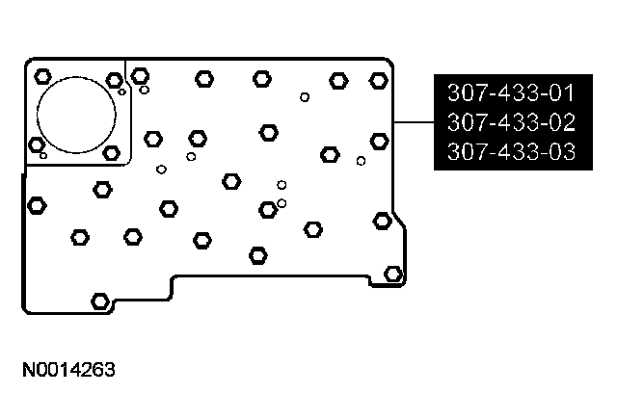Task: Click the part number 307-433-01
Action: click(509, 94)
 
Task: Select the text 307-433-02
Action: click(509, 123)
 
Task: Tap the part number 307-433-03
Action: click(509, 152)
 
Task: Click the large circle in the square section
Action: click(77, 114)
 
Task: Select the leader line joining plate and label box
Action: click(415, 123)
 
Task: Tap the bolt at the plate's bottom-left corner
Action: click(98, 301)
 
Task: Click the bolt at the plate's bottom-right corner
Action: click(392, 274)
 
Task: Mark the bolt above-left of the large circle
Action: click(41, 76)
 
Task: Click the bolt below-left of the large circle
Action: click(38, 144)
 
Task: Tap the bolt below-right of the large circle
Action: click(111, 152)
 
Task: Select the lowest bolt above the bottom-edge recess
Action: click(257, 255)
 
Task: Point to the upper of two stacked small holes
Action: click(282, 184)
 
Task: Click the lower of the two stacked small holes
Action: click(282, 202)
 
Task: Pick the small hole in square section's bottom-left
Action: click(43, 155)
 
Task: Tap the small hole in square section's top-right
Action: click(122, 92)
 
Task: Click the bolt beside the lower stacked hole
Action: click(267, 209)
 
